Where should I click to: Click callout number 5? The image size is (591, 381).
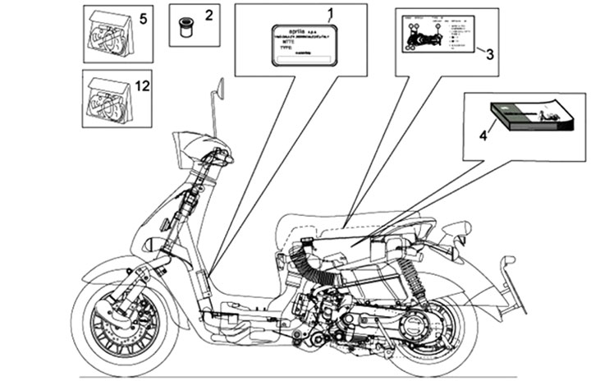pyautogui.click(x=143, y=19)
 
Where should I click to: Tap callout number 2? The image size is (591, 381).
pyautogui.click(x=208, y=15)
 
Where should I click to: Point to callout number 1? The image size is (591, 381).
pyautogui.click(x=331, y=12)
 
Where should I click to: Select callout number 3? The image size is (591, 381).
pyautogui.click(x=489, y=56)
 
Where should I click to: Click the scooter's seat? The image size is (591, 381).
pyautogui.click(x=361, y=222)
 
